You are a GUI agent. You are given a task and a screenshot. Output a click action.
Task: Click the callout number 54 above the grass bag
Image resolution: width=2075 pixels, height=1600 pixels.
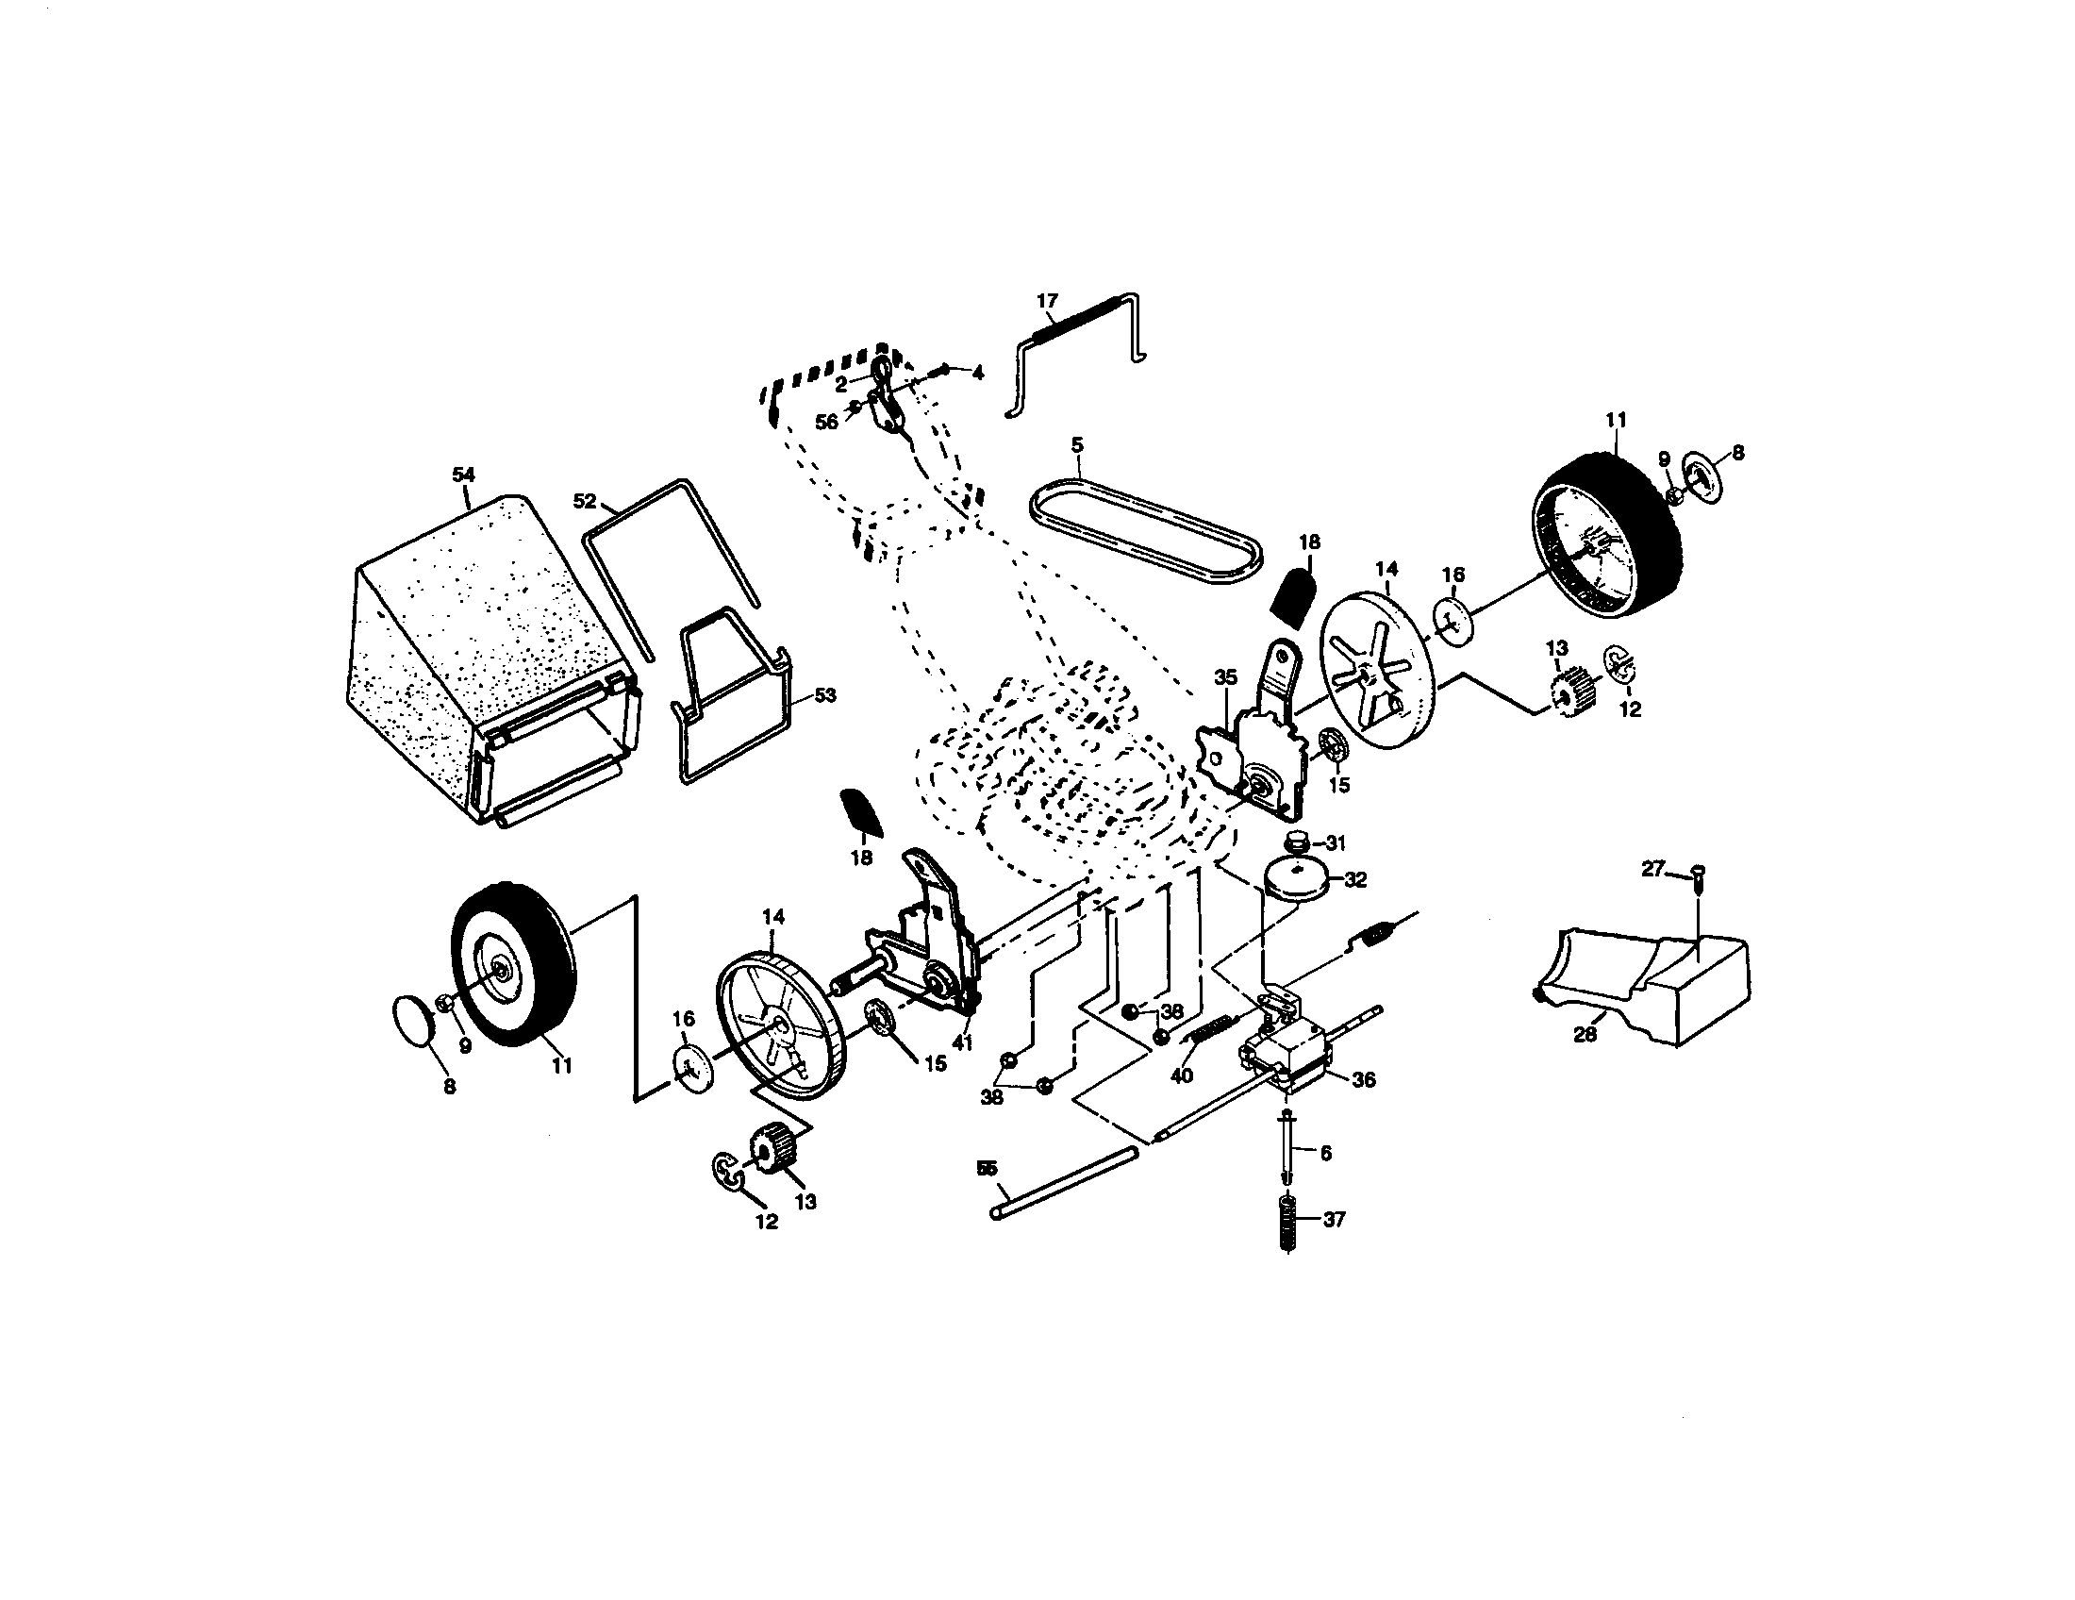463,475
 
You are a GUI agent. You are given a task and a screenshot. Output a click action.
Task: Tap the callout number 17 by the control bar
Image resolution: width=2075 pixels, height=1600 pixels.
1047,301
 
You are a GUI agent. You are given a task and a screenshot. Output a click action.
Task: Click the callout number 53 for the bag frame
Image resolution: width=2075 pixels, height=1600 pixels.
824,695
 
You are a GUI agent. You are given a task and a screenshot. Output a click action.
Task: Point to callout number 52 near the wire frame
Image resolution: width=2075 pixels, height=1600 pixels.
586,501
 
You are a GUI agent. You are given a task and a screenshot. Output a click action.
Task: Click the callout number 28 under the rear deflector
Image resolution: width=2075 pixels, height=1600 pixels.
1585,1035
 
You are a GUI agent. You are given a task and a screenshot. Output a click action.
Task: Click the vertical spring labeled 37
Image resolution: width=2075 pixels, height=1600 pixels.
1288,1223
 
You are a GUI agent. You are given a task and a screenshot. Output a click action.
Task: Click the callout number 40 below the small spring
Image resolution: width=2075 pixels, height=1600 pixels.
1181,1075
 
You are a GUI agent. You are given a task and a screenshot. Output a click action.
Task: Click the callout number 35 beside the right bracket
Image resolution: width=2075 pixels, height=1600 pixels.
1225,677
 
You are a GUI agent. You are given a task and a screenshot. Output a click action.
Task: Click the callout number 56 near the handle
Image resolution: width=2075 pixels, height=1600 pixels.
826,422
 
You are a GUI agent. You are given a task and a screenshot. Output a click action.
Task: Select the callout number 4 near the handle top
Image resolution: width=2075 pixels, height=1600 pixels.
978,374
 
